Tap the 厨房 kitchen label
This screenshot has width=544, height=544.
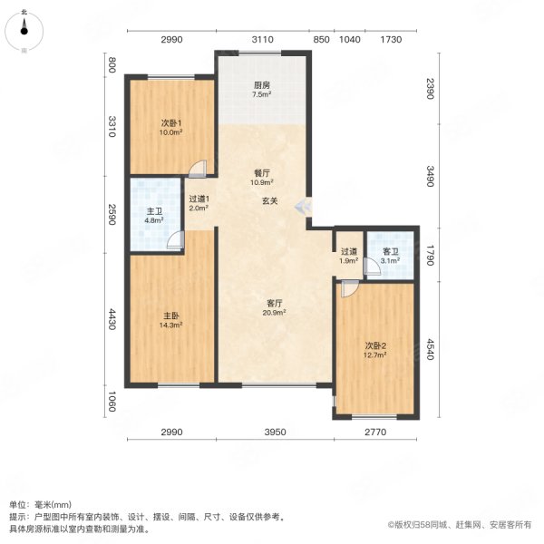[x=261, y=85]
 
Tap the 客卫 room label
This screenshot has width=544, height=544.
[x=390, y=251]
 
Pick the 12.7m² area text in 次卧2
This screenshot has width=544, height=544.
[x=376, y=355]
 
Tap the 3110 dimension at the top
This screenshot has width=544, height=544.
[x=261, y=40]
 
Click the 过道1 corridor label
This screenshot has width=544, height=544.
[x=199, y=199]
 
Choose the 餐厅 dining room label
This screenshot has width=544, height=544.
[x=261, y=172]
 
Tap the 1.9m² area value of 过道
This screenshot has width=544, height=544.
[x=348, y=261]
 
